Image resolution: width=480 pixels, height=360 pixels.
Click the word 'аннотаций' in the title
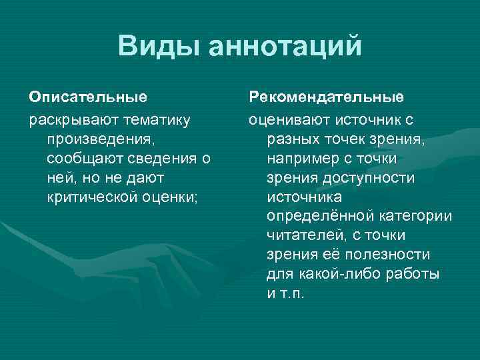[x=285, y=47]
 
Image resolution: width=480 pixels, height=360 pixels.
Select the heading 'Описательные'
[x=88, y=97]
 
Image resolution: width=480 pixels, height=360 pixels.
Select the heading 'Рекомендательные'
[x=326, y=97]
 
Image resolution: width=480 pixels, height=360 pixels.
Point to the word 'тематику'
[x=153, y=120]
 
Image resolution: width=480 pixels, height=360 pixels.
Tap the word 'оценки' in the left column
[x=174, y=197]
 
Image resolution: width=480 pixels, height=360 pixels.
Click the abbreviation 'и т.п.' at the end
[x=285, y=294]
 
